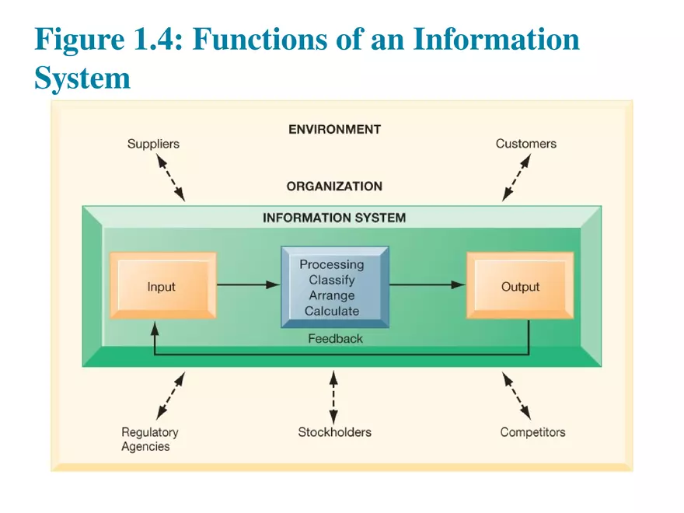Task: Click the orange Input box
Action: coord(162,286)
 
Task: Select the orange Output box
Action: coord(520,286)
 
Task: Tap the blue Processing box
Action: coord(334,287)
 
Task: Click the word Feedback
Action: coord(335,339)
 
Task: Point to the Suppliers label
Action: coord(153,144)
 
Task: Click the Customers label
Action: coord(525,144)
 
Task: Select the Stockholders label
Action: coord(334,432)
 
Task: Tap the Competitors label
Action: coord(532,432)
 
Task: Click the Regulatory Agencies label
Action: coord(149,439)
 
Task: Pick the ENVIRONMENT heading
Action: coord(334,129)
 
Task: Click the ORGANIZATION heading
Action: coord(334,187)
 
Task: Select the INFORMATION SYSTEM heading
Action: coord(334,218)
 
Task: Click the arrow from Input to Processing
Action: coord(247,285)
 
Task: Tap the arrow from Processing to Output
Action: coord(427,285)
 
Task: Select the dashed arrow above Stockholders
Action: coord(333,396)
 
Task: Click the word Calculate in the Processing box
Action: coord(332,311)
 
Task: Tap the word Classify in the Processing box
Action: coord(332,280)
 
